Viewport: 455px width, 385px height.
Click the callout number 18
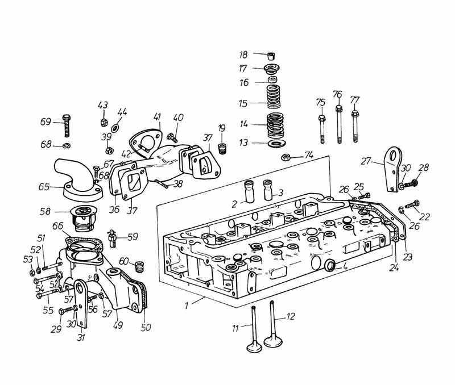coord(243,55)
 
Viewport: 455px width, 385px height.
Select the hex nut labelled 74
coord(288,157)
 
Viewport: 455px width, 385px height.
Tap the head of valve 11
coord(253,347)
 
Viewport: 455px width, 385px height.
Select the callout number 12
coord(291,317)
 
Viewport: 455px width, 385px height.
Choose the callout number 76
coord(337,94)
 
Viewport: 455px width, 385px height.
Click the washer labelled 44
coord(115,128)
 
